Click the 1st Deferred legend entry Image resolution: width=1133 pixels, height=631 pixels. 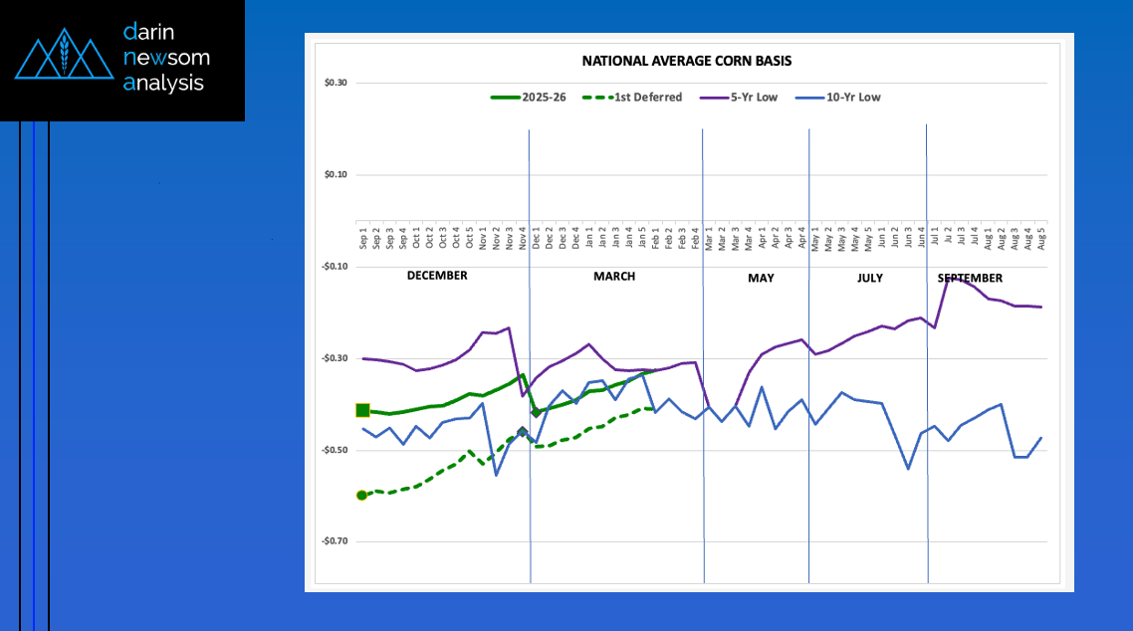click(647, 98)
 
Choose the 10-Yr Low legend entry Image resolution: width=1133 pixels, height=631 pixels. click(853, 98)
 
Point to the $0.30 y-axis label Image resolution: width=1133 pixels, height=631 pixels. click(336, 83)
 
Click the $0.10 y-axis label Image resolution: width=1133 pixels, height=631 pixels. click(336, 175)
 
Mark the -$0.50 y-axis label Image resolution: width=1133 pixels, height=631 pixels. click(335, 450)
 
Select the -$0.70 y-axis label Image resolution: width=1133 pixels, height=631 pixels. click(335, 541)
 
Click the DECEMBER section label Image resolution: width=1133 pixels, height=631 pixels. click(437, 276)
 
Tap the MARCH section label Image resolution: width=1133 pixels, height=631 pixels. click(614, 276)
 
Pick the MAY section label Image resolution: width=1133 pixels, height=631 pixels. click(761, 278)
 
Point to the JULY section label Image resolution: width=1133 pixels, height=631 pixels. click(869, 278)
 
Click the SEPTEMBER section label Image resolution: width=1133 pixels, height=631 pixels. click(970, 278)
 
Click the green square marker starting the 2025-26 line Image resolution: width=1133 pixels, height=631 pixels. click(362, 410)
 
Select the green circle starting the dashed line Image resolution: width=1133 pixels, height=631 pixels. click(361, 495)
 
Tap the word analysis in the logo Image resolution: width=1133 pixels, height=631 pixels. click(163, 84)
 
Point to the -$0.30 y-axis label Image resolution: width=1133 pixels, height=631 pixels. click(335, 358)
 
